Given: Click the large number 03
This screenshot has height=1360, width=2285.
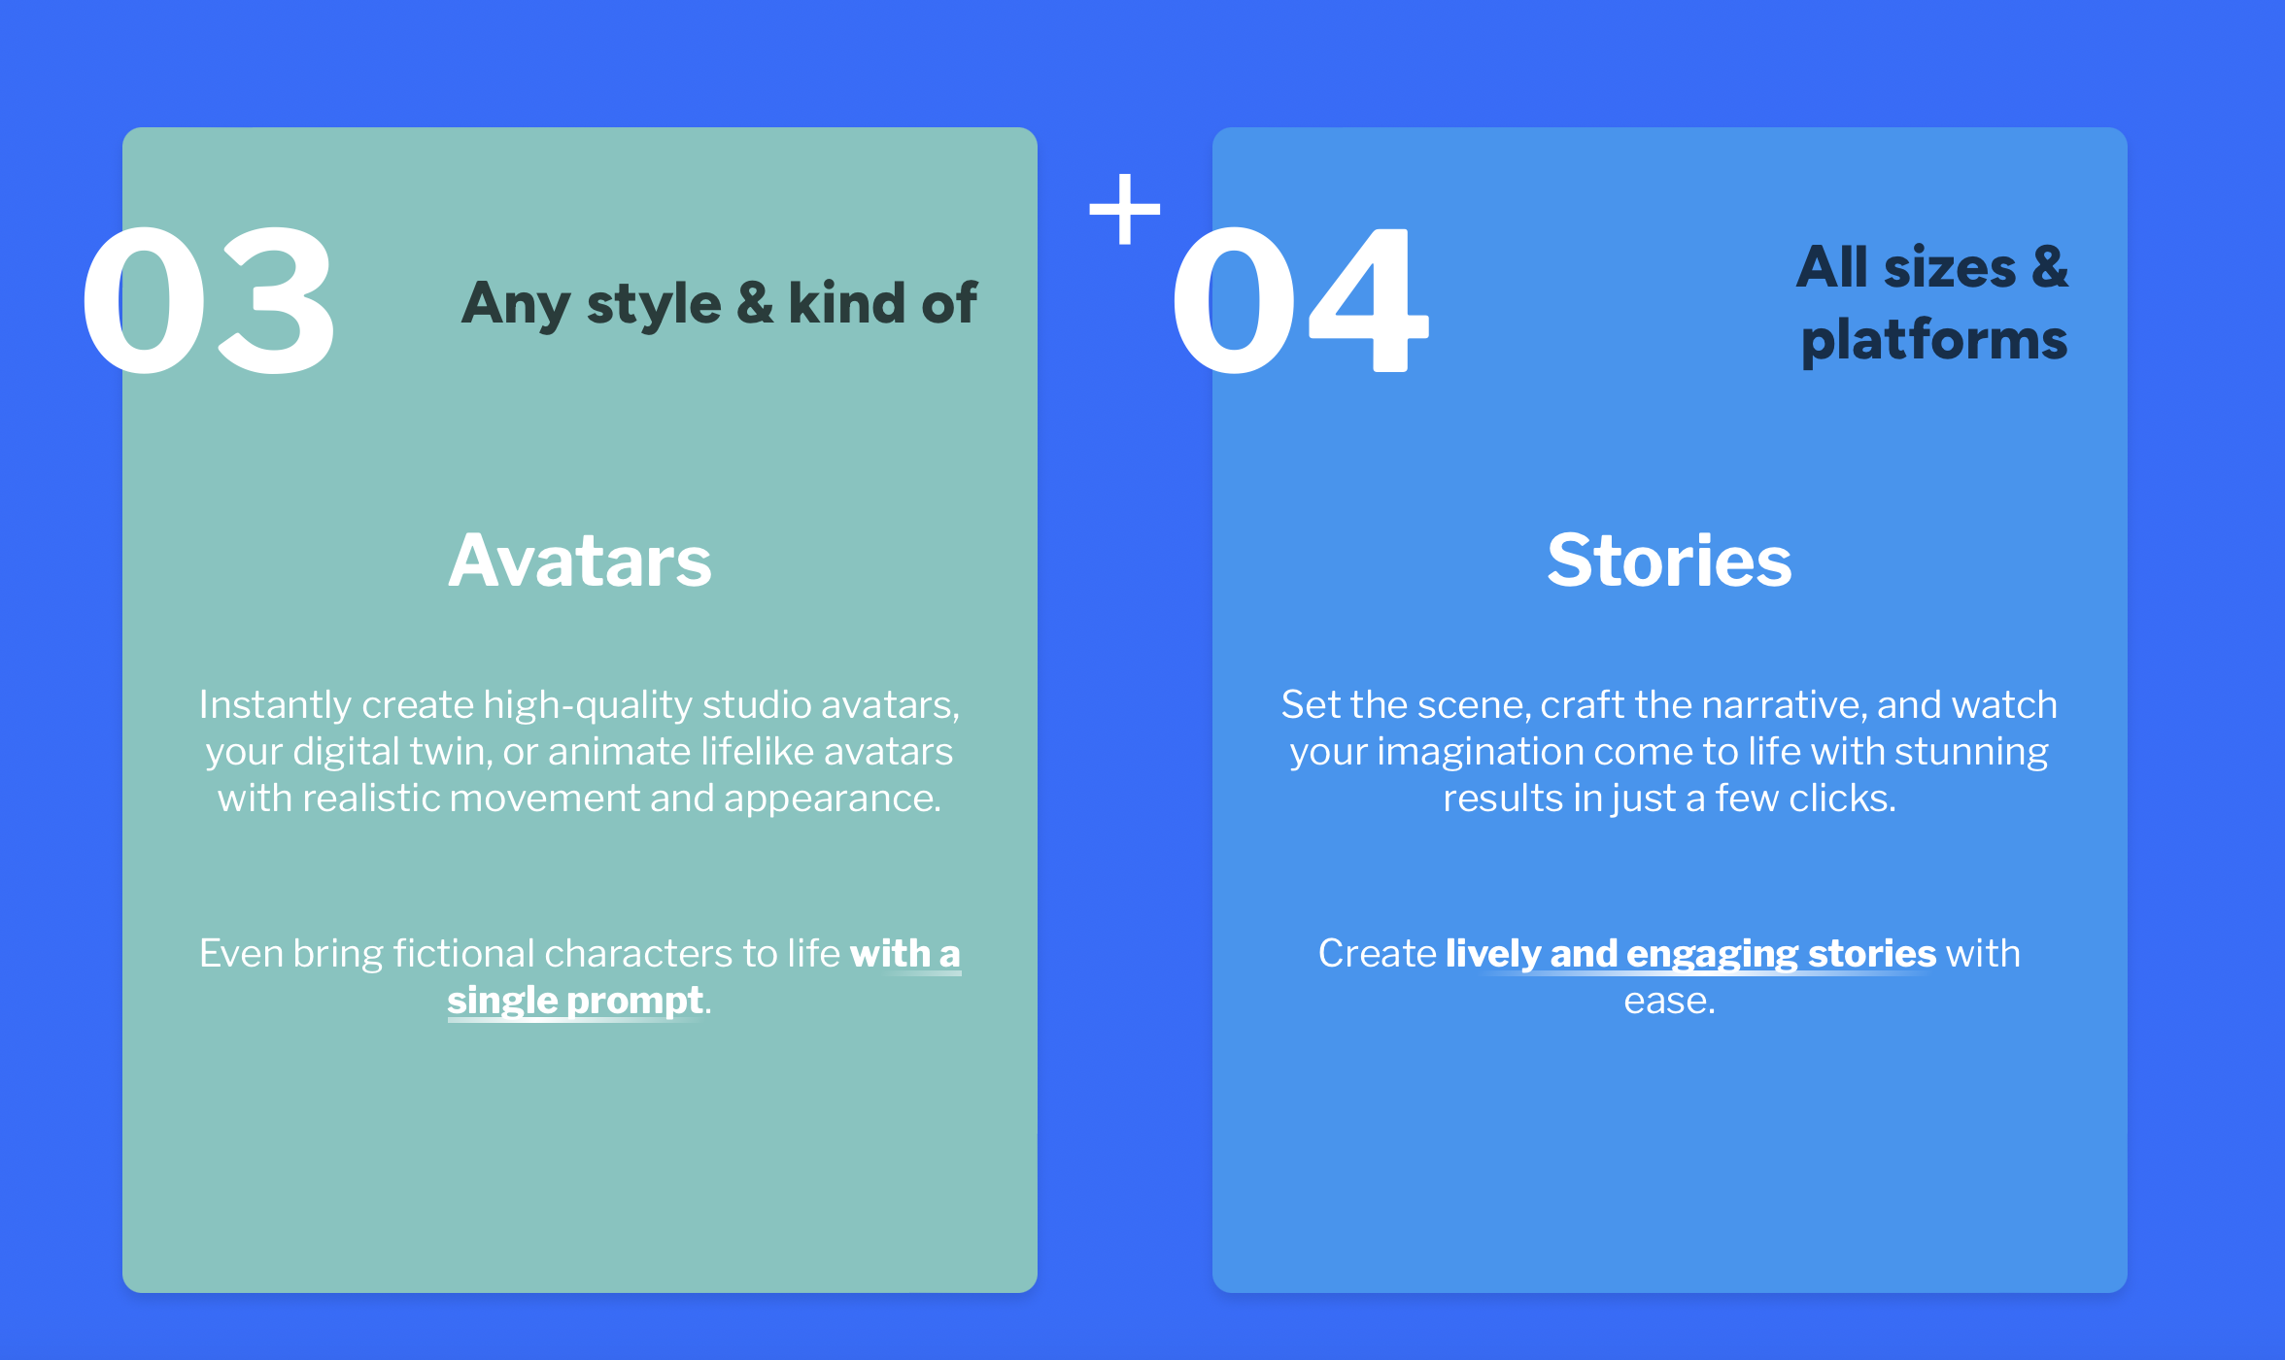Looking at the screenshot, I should [208, 301].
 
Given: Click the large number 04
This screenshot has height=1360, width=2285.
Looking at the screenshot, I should [1300, 301].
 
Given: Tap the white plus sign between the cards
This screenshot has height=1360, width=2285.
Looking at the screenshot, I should [1125, 209].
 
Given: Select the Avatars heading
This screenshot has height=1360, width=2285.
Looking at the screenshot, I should [580, 561].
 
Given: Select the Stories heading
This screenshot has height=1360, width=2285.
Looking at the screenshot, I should [1669, 561].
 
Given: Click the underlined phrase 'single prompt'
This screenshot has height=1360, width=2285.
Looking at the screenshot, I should [575, 1001].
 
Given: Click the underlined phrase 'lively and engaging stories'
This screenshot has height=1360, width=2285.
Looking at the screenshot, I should [1690, 954].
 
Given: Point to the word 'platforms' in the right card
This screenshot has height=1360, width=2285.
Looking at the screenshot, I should [1933, 340].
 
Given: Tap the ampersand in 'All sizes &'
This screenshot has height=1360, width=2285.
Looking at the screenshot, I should [2049, 266].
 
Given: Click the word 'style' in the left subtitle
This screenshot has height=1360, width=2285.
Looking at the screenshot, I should [654, 305].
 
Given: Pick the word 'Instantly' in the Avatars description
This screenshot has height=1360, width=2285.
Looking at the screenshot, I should [275, 705].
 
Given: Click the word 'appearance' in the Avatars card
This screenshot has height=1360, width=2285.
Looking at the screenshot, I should [832, 799].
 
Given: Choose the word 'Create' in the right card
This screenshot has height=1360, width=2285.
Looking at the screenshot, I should [1377, 954].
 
